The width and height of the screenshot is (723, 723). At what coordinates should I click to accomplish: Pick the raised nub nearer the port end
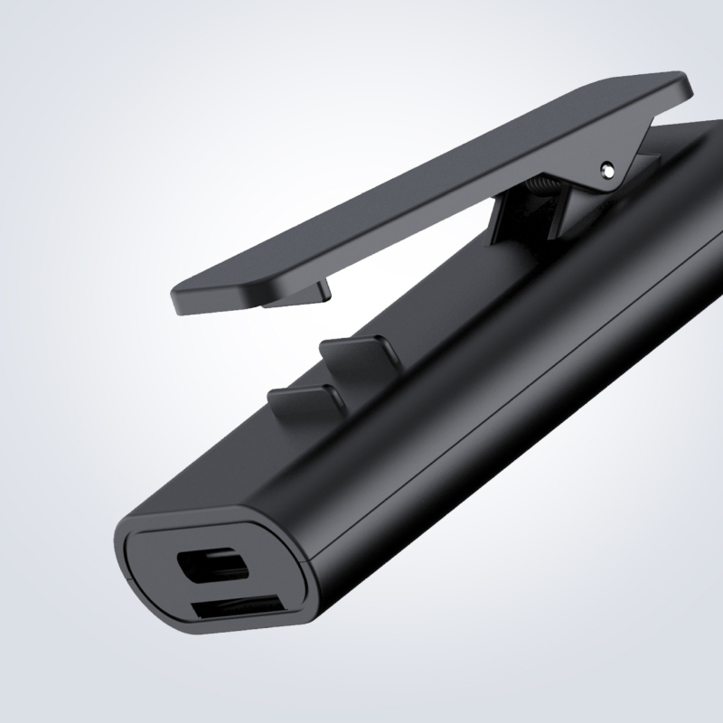(303, 399)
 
